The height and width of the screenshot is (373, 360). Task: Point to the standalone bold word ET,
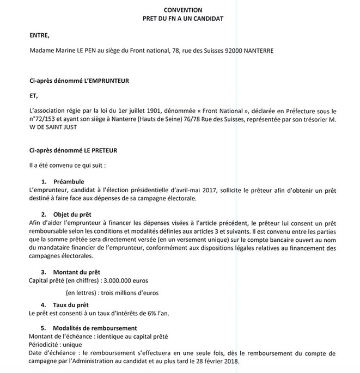pyautogui.click(x=35, y=94)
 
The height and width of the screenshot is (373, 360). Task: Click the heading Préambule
pyautogui.click(x=68, y=180)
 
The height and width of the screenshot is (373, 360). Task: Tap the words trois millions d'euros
pyautogui.click(x=126, y=292)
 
